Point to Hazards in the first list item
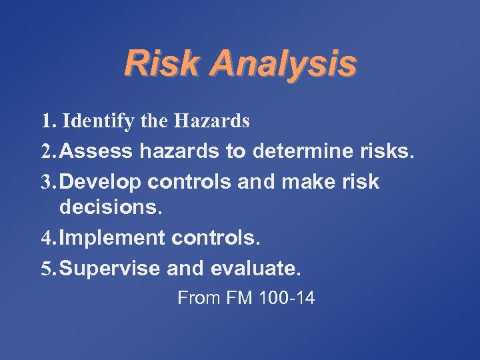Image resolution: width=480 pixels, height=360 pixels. pos(212,121)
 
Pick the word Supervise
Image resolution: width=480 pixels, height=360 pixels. pos(113,269)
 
